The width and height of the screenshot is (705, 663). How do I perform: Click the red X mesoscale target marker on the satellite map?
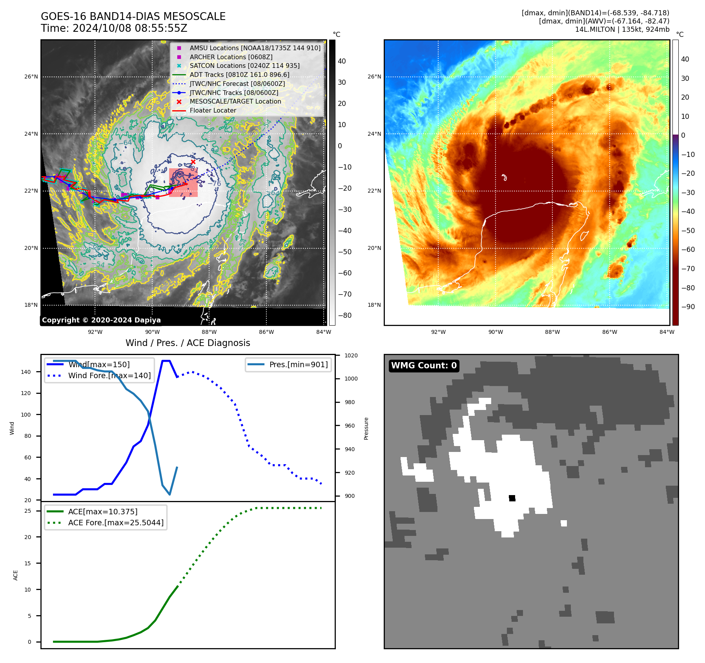(x=193, y=162)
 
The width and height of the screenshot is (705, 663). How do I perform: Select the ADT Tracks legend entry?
(x=239, y=75)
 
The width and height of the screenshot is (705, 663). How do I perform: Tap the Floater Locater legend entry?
(x=213, y=110)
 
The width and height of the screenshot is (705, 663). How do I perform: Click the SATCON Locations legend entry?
(x=244, y=66)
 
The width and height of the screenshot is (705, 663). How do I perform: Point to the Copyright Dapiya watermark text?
(x=101, y=320)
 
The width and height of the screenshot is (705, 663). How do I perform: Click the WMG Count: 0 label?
(x=424, y=366)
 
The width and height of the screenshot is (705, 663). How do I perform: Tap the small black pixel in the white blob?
(x=512, y=498)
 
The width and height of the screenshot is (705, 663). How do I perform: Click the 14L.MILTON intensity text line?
(x=622, y=29)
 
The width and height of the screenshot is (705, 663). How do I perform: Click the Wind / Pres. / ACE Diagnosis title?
(x=188, y=343)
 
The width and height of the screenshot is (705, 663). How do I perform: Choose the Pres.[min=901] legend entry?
(x=298, y=364)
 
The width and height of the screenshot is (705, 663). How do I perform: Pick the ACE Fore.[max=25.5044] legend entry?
(x=116, y=523)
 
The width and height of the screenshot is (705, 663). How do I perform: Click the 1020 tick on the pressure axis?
(x=351, y=355)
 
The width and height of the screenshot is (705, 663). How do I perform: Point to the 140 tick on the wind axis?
(x=26, y=372)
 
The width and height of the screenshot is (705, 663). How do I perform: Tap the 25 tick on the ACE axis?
(x=28, y=511)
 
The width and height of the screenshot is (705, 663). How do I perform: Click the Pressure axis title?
(x=366, y=428)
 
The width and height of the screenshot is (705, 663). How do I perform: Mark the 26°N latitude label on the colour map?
(x=374, y=76)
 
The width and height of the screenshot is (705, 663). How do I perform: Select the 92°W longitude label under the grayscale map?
(x=95, y=332)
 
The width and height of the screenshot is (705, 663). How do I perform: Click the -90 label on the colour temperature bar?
(x=688, y=307)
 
